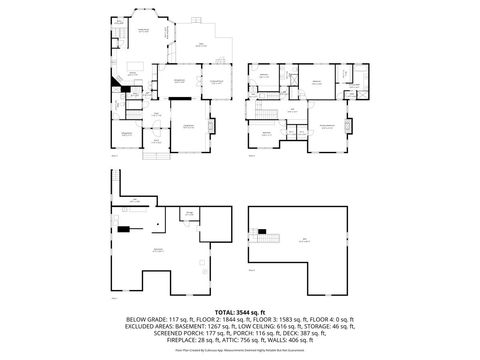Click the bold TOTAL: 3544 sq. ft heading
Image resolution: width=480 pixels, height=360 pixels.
coord(239,313)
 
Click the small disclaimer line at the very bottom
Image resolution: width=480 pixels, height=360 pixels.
coord(239,350)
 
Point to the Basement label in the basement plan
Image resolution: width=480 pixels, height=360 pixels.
coord(157,250)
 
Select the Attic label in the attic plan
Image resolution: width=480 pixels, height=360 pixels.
coord(303,239)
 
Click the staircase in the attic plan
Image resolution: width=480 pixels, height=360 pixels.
coord(265,235)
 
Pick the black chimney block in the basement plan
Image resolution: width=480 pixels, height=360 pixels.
coord(123,229)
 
